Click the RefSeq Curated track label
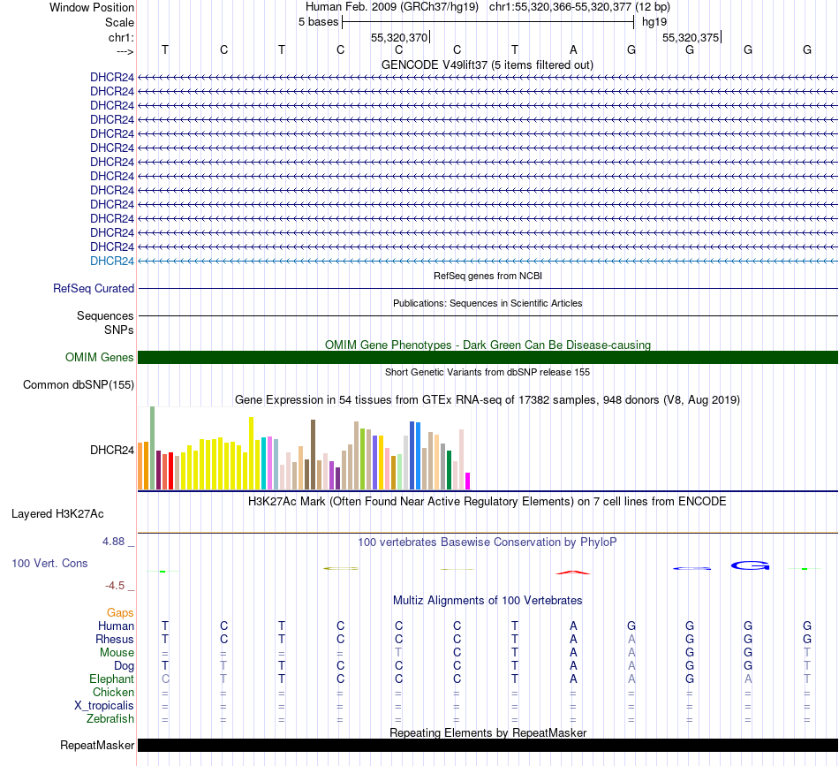pyautogui.click(x=94, y=288)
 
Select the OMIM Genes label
pyautogui.click(x=99, y=357)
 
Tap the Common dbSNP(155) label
pyautogui.click(x=79, y=384)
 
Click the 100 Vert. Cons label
pyautogui.click(x=50, y=563)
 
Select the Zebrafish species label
pyautogui.click(x=110, y=718)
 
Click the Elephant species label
pyautogui.click(x=110, y=679)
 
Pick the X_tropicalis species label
pyautogui.click(x=104, y=705)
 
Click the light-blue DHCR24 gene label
pyautogui.click(x=112, y=261)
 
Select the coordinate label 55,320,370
pyautogui.click(x=399, y=37)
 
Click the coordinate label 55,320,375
pyautogui.click(x=691, y=37)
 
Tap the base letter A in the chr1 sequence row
pyautogui.click(x=573, y=49)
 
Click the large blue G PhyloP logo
pyautogui.click(x=749, y=565)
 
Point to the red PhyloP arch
pyautogui.click(x=573, y=572)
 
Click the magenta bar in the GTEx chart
pyautogui.click(x=467, y=481)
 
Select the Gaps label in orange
pyautogui.click(x=120, y=612)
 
